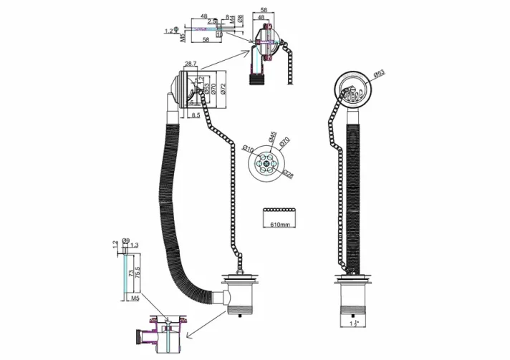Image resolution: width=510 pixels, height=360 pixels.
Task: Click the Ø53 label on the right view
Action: click(x=379, y=73)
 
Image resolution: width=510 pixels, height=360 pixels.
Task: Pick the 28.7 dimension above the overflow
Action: click(x=190, y=64)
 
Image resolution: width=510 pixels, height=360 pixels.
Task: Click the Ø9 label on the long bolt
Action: click(x=126, y=240)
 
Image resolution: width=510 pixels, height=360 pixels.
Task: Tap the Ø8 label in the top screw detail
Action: click(x=240, y=19)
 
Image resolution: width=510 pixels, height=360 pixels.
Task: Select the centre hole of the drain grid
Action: click(x=266, y=162)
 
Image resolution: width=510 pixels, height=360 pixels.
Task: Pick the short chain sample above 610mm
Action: click(x=279, y=210)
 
